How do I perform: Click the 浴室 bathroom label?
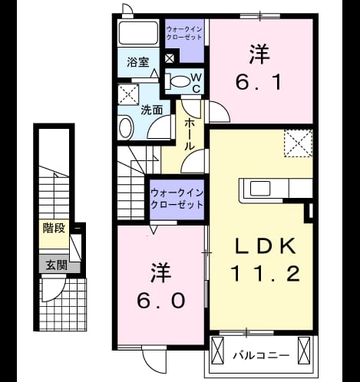pos(138,62)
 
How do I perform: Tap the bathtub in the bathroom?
pos(138,33)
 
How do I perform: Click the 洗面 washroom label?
pos(152,110)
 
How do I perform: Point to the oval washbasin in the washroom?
pos(126,127)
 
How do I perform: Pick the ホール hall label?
pos(190,134)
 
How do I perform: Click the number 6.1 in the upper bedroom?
pos(259,82)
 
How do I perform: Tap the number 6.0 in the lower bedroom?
pos(161,301)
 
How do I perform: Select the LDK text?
pos(265,246)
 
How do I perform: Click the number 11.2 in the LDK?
pos(266,274)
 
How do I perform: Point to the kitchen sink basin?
pos(260,188)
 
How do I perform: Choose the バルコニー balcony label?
pos(261,355)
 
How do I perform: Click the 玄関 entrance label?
pos(57,265)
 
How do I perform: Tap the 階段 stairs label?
pos(54,228)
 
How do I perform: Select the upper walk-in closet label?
pos(184,33)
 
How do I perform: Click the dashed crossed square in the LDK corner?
pos(299,143)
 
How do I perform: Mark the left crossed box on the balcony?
pos(217,351)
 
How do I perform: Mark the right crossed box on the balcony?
pos(304,351)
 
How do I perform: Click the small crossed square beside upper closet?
pos(170,58)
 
